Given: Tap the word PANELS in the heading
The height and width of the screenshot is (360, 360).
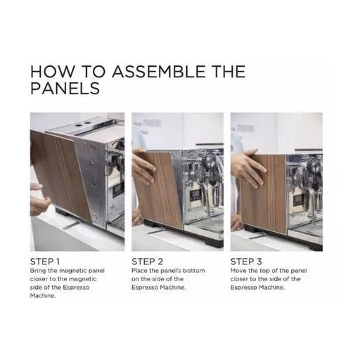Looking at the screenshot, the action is pyautogui.click(x=65, y=88).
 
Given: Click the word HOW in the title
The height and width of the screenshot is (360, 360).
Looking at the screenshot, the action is pyautogui.click(x=52, y=72).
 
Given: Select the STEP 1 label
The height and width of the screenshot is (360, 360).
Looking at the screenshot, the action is pyautogui.click(x=45, y=262).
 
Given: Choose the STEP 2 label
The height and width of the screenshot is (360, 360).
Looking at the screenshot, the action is pyautogui.click(x=147, y=262).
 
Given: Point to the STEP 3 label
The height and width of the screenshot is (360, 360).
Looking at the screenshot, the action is pyautogui.click(x=246, y=262).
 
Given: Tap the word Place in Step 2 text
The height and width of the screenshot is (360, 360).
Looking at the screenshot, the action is pyautogui.click(x=139, y=271).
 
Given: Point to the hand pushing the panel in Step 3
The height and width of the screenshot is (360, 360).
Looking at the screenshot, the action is pyautogui.click(x=247, y=167).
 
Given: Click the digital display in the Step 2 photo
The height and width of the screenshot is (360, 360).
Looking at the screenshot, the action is pyautogui.click(x=194, y=195).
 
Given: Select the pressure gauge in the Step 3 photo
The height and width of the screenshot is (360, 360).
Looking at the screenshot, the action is pyautogui.click(x=316, y=163).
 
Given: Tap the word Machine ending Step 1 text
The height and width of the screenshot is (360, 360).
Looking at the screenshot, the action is pyautogui.click(x=43, y=296).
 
